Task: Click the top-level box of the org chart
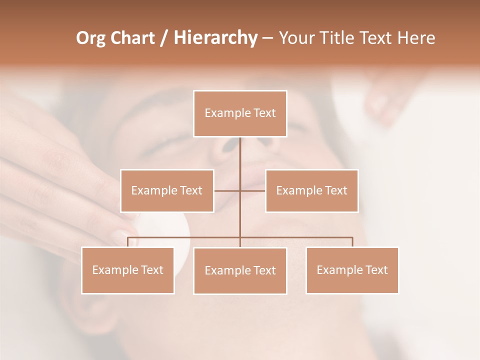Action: point(240,113)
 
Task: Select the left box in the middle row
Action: point(167,190)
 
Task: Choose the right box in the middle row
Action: point(311,190)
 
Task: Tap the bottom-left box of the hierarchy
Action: point(128,270)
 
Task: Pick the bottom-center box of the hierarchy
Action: point(240,270)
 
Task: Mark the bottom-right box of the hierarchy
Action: point(352,270)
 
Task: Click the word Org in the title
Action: point(91,38)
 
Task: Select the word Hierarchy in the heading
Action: point(215,38)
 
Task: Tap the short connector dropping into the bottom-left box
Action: point(128,242)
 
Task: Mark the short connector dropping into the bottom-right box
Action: point(352,242)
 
